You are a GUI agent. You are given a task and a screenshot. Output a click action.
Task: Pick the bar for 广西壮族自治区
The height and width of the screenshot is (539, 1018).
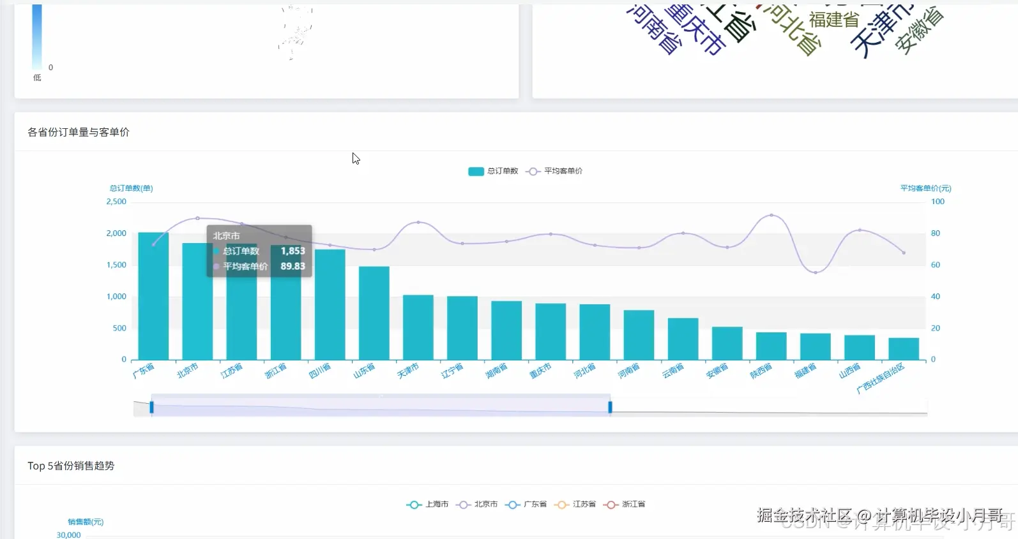coord(903,349)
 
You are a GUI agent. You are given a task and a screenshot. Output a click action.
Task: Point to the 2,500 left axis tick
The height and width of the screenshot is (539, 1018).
coord(116,202)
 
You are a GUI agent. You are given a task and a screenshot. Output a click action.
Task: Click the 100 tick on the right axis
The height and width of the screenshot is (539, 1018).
coord(937,202)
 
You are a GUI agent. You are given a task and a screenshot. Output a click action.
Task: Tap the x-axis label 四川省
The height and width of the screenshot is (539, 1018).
coord(320,371)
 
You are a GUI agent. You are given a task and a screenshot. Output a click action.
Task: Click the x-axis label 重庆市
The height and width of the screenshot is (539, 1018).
coord(540,371)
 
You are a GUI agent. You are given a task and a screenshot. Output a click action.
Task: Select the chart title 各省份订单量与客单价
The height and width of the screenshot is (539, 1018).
coord(79,132)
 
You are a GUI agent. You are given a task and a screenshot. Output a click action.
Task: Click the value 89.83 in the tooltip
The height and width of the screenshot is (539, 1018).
coord(292,266)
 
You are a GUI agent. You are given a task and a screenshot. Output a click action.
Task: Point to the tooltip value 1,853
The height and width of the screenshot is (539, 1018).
coord(292,251)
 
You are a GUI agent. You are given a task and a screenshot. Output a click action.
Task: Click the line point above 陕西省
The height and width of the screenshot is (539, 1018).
coord(771,216)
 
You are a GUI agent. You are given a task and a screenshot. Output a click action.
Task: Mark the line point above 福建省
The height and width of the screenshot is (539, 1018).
coord(816,272)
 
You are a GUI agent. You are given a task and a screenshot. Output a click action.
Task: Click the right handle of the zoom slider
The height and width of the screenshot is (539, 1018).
coord(610,407)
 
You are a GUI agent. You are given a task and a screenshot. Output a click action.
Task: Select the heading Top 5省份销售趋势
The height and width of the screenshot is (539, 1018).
coord(71,466)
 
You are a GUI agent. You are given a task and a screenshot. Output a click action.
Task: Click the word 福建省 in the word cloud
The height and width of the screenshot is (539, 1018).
coord(834,20)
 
